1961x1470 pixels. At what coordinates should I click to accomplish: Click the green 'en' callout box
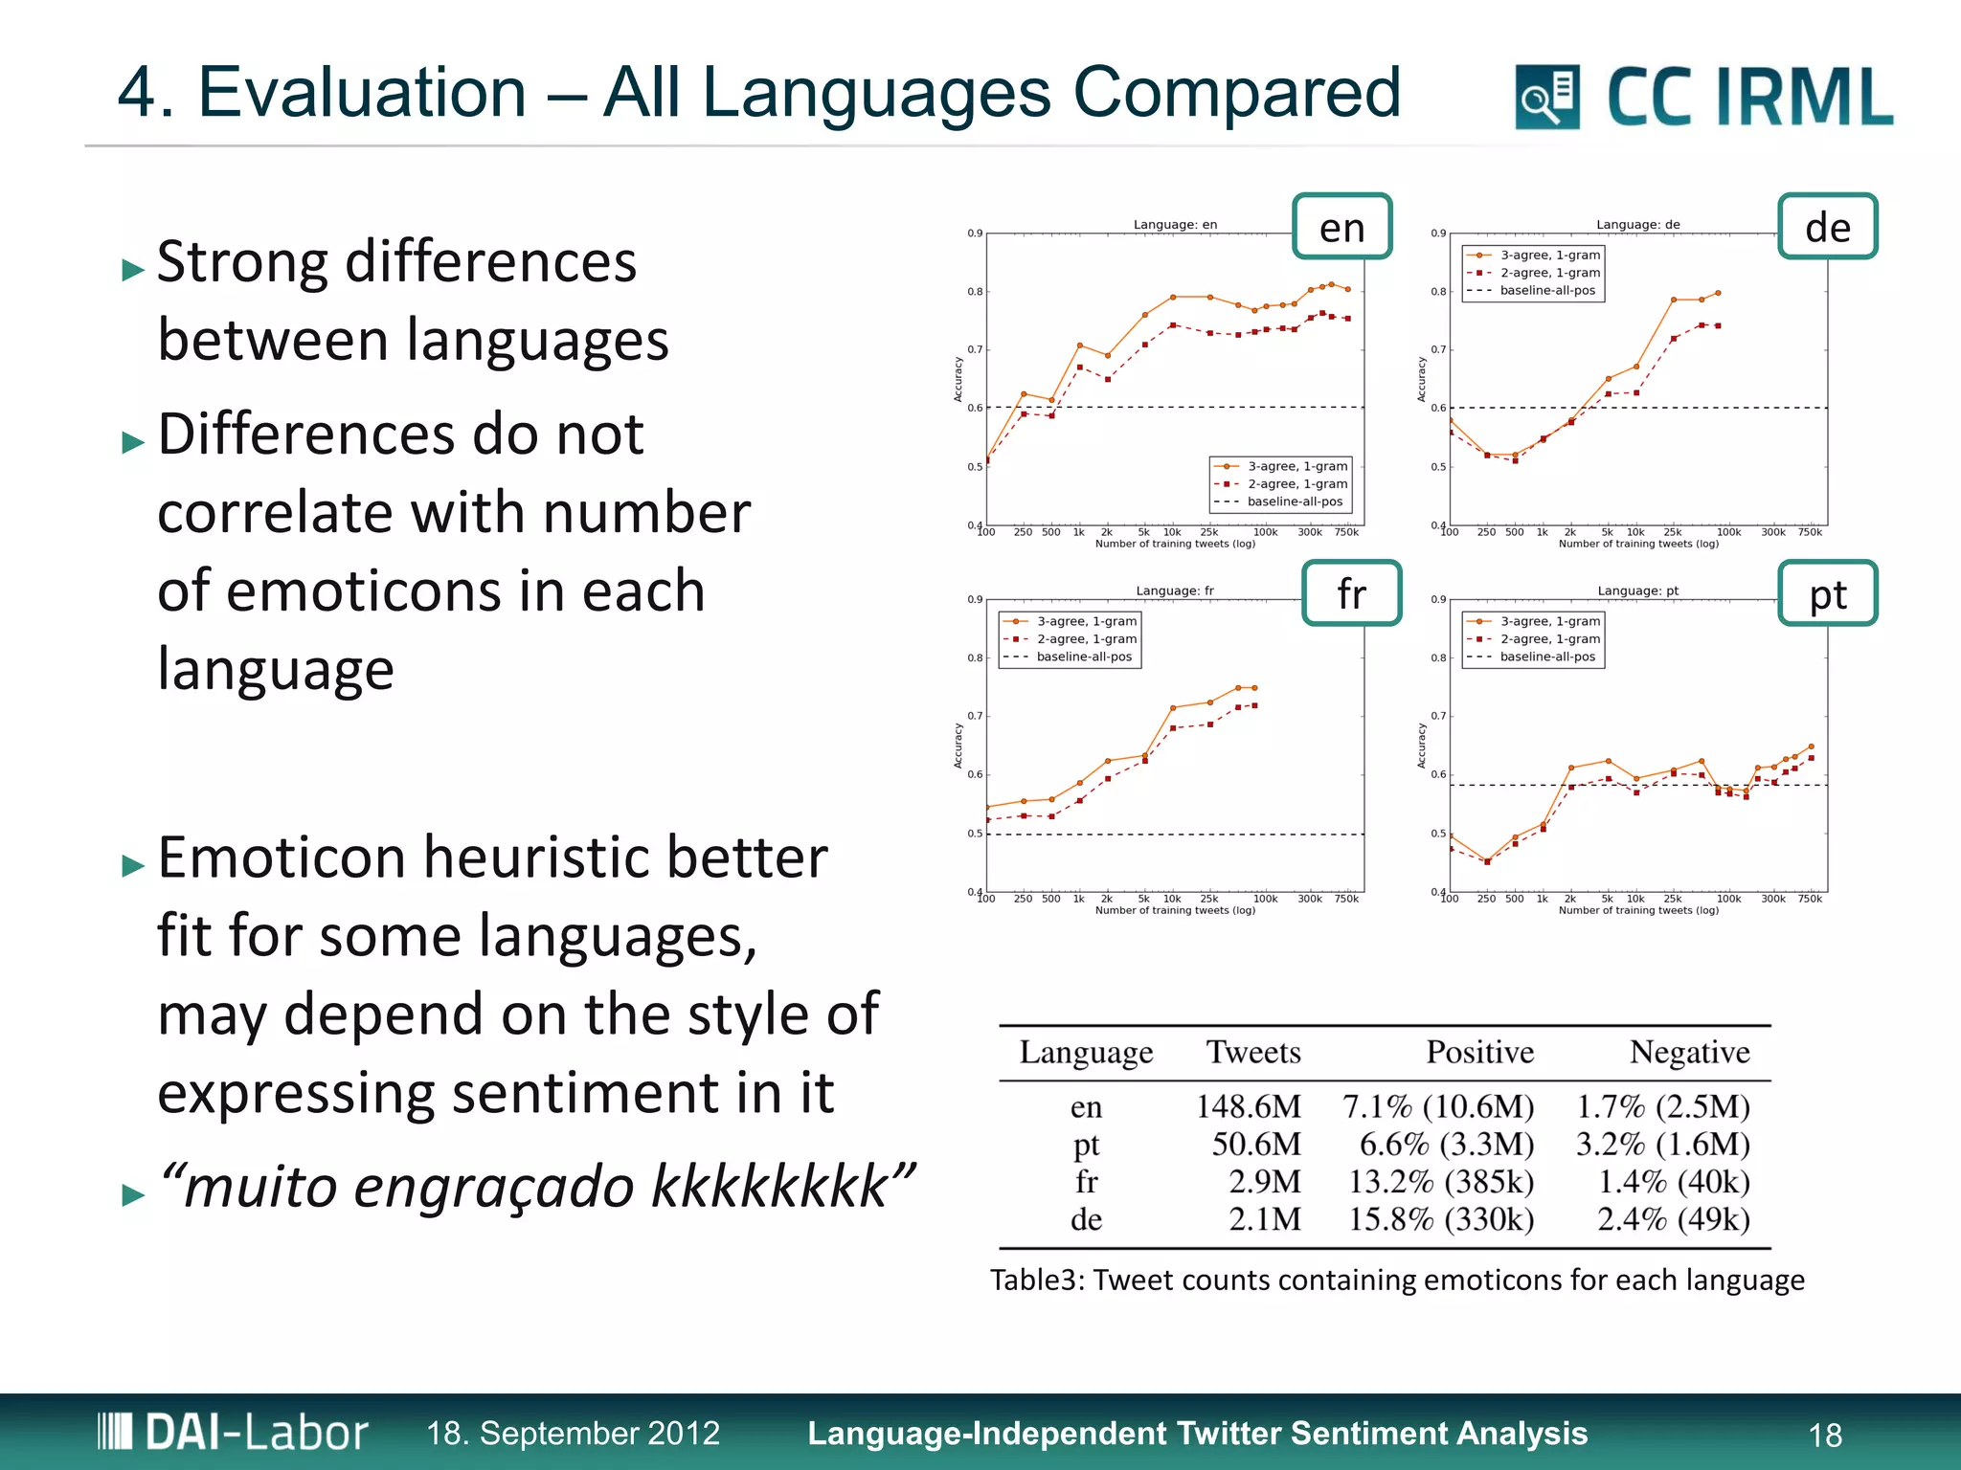point(1341,227)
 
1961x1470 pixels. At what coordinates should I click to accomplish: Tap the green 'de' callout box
point(1827,227)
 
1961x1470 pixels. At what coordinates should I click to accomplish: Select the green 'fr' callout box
point(1351,593)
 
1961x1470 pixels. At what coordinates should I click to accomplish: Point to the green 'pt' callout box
point(1827,593)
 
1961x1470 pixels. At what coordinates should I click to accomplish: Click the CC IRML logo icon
point(1546,97)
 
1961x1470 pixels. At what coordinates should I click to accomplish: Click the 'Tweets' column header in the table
point(1252,1052)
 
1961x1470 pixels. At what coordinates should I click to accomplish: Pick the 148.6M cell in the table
point(1248,1106)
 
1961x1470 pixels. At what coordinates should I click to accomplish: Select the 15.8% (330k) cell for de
point(1440,1219)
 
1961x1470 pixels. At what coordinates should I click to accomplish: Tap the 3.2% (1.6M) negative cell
point(1662,1144)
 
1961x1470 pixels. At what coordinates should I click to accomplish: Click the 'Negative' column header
point(1689,1052)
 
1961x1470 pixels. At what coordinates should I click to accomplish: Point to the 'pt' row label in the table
point(1086,1144)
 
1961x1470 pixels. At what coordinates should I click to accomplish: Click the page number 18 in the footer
point(1825,1435)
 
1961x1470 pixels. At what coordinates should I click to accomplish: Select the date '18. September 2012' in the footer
point(573,1433)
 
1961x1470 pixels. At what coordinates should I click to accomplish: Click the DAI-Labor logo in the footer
point(233,1433)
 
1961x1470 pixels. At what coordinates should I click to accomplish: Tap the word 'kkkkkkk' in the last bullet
point(769,1187)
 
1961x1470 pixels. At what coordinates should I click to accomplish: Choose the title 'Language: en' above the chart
point(1175,225)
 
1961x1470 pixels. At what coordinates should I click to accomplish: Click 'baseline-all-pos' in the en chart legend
point(1295,501)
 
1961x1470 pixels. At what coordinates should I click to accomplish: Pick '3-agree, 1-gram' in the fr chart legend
point(1086,621)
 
